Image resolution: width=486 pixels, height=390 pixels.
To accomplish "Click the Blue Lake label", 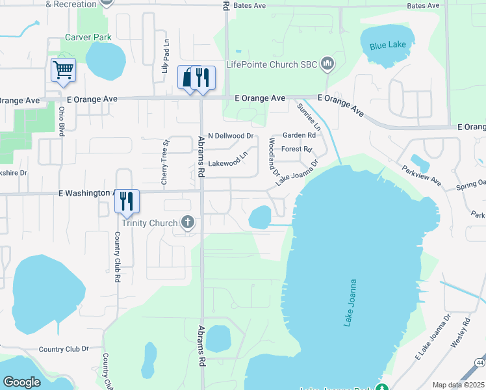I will click(x=387, y=46).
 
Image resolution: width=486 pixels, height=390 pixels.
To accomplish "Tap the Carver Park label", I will click(x=89, y=37).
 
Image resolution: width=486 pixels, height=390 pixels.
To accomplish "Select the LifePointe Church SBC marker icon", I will click(x=327, y=64).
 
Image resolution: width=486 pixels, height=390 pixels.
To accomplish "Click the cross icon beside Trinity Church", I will click(x=188, y=223).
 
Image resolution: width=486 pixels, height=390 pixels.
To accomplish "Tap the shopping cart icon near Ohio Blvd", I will click(x=63, y=69).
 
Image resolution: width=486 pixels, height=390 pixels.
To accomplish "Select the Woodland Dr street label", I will click(x=274, y=158).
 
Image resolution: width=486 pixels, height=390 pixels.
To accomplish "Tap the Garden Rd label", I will click(x=298, y=136).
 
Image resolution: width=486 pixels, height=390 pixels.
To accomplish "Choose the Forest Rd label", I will click(x=297, y=149).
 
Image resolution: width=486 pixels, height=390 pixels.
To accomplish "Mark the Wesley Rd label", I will click(x=459, y=331).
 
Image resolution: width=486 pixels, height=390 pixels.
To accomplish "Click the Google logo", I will click(x=21, y=382).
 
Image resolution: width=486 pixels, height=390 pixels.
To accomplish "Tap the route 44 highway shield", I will click(x=480, y=363).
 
